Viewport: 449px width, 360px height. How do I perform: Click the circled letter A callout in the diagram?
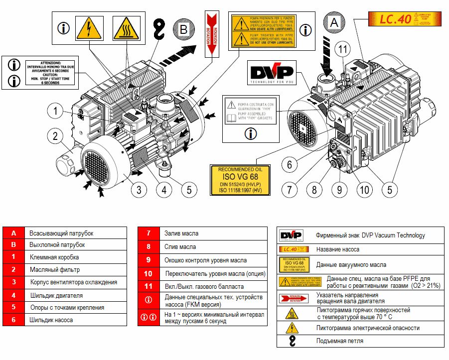(x=334, y=22)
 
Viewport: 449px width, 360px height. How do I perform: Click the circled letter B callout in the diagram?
(x=183, y=29)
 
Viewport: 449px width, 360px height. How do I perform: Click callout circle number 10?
(x=364, y=190)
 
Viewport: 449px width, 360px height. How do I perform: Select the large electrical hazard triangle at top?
(x=89, y=28)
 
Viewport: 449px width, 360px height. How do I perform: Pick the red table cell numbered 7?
(x=148, y=233)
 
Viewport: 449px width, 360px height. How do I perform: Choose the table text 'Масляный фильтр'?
(x=54, y=270)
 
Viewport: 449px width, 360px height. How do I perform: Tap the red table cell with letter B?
(x=14, y=245)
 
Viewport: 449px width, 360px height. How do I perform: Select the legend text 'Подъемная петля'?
(x=340, y=341)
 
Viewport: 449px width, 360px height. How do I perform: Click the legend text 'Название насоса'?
(x=337, y=249)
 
